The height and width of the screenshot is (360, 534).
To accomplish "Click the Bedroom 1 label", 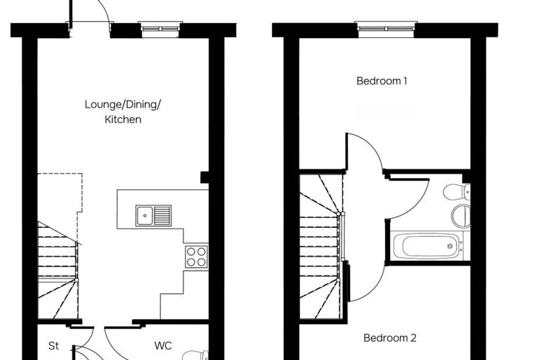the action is coord(382,81).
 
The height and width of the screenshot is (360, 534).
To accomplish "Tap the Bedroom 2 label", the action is coord(390,337).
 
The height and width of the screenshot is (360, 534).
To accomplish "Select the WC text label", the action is coord(163,346).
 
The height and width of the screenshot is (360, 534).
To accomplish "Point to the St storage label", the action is coord(53,346).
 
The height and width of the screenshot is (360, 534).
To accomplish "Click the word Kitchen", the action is coord(123,120).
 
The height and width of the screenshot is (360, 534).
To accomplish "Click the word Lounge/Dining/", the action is coord(122,104).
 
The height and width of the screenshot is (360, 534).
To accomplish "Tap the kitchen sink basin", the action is coord(145,215).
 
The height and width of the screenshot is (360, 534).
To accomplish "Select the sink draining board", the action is coord(162,215).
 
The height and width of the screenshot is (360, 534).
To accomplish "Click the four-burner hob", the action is coord(197,257).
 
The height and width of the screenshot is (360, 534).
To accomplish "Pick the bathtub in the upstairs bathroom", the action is coord(427,246).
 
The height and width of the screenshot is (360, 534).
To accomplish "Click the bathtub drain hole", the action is coord(450,246).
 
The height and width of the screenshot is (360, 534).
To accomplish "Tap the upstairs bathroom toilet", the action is coord(457,192).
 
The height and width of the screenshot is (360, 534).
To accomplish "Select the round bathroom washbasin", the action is coord(462,215).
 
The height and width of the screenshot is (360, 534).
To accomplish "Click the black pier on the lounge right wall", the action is coord(204,177).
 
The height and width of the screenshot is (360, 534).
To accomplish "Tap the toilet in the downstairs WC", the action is coord(195,355).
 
